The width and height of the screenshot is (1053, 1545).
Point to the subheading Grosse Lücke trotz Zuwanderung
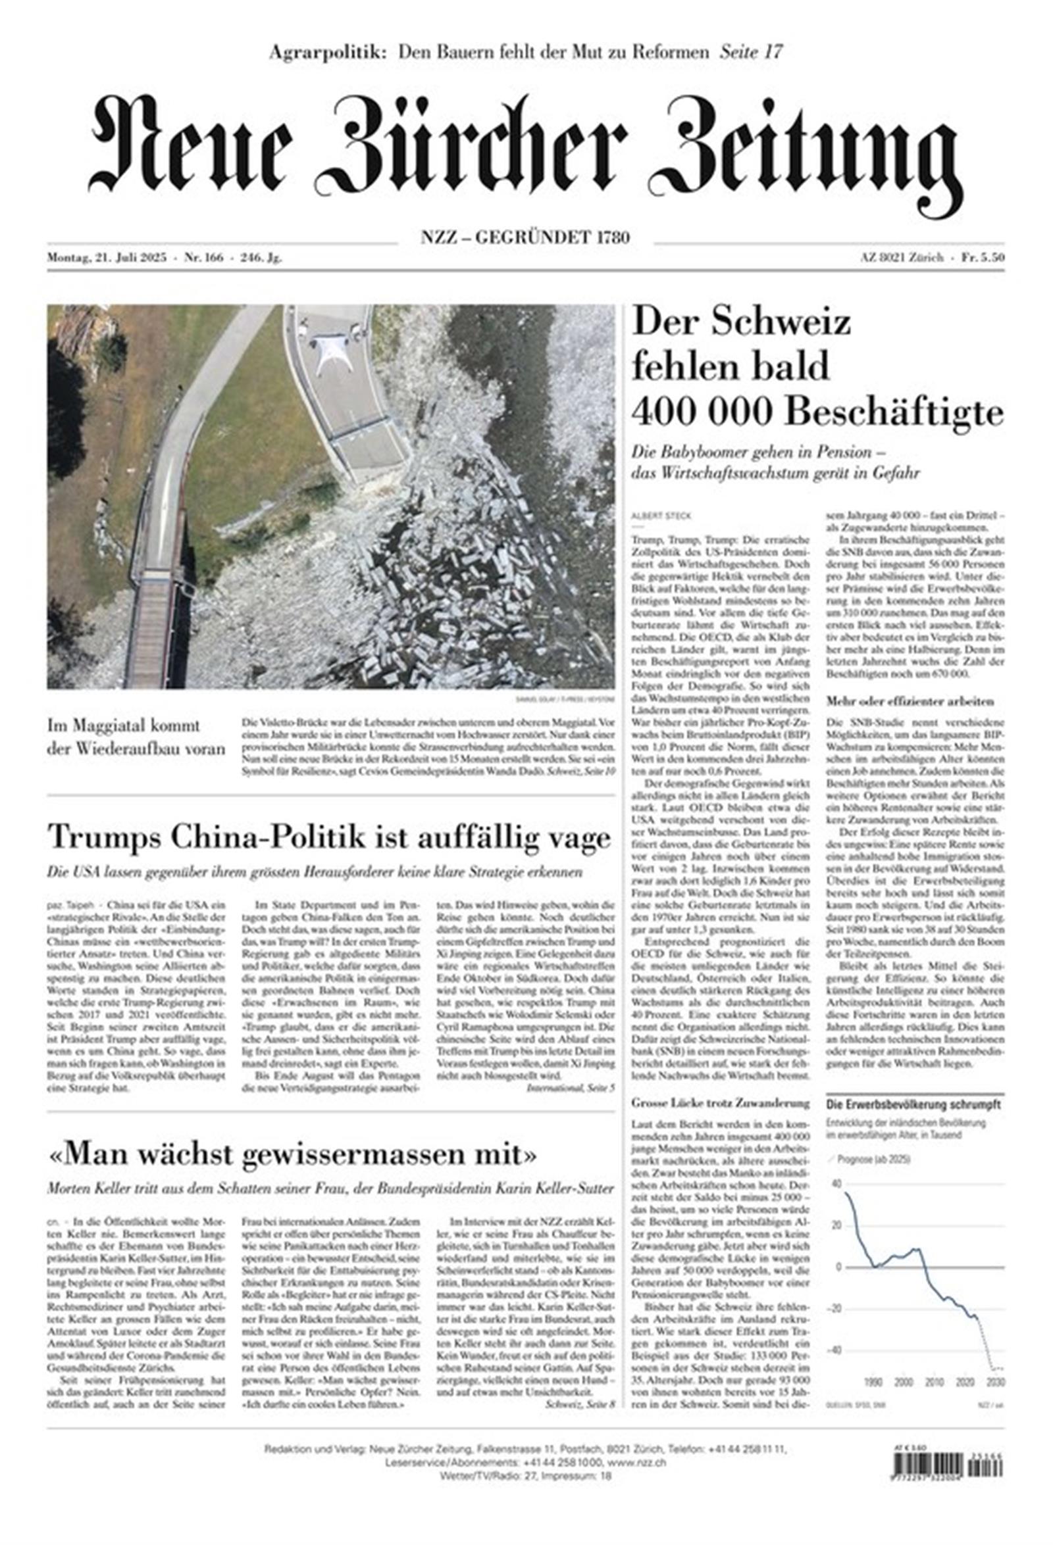[x=721, y=1104]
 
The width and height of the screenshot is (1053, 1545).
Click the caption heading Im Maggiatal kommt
[x=124, y=725]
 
